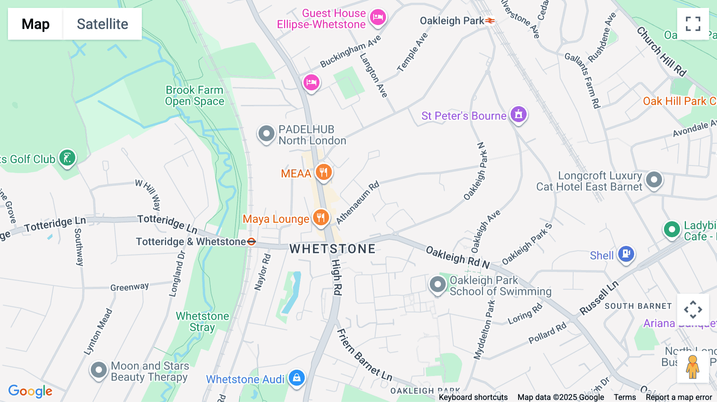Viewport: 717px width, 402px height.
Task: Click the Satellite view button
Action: (x=102, y=24)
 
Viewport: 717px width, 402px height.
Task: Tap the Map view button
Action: (x=35, y=24)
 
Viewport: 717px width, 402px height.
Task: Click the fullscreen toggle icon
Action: (x=693, y=24)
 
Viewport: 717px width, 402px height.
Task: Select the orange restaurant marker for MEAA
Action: (x=323, y=172)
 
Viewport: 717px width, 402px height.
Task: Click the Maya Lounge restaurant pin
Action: (x=321, y=218)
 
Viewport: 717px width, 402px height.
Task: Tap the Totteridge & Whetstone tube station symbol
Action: (x=251, y=242)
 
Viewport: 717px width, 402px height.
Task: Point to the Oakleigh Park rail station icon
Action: (x=490, y=21)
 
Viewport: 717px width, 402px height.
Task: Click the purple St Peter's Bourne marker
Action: (x=518, y=115)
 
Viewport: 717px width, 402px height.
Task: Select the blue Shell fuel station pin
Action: (x=626, y=254)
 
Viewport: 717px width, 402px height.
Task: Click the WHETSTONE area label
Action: (x=332, y=249)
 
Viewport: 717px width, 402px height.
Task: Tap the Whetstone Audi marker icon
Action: (x=297, y=378)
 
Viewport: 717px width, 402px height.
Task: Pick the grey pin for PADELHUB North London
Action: (x=266, y=134)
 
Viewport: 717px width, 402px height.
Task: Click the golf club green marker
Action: (x=67, y=158)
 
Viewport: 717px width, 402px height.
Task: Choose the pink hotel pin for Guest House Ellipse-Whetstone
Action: (x=378, y=18)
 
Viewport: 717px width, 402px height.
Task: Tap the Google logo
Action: (x=30, y=391)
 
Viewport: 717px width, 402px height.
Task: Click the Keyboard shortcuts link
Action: (x=473, y=397)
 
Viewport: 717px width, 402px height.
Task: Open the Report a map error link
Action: (x=679, y=397)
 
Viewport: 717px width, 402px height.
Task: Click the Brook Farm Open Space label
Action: (x=194, y=96)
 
